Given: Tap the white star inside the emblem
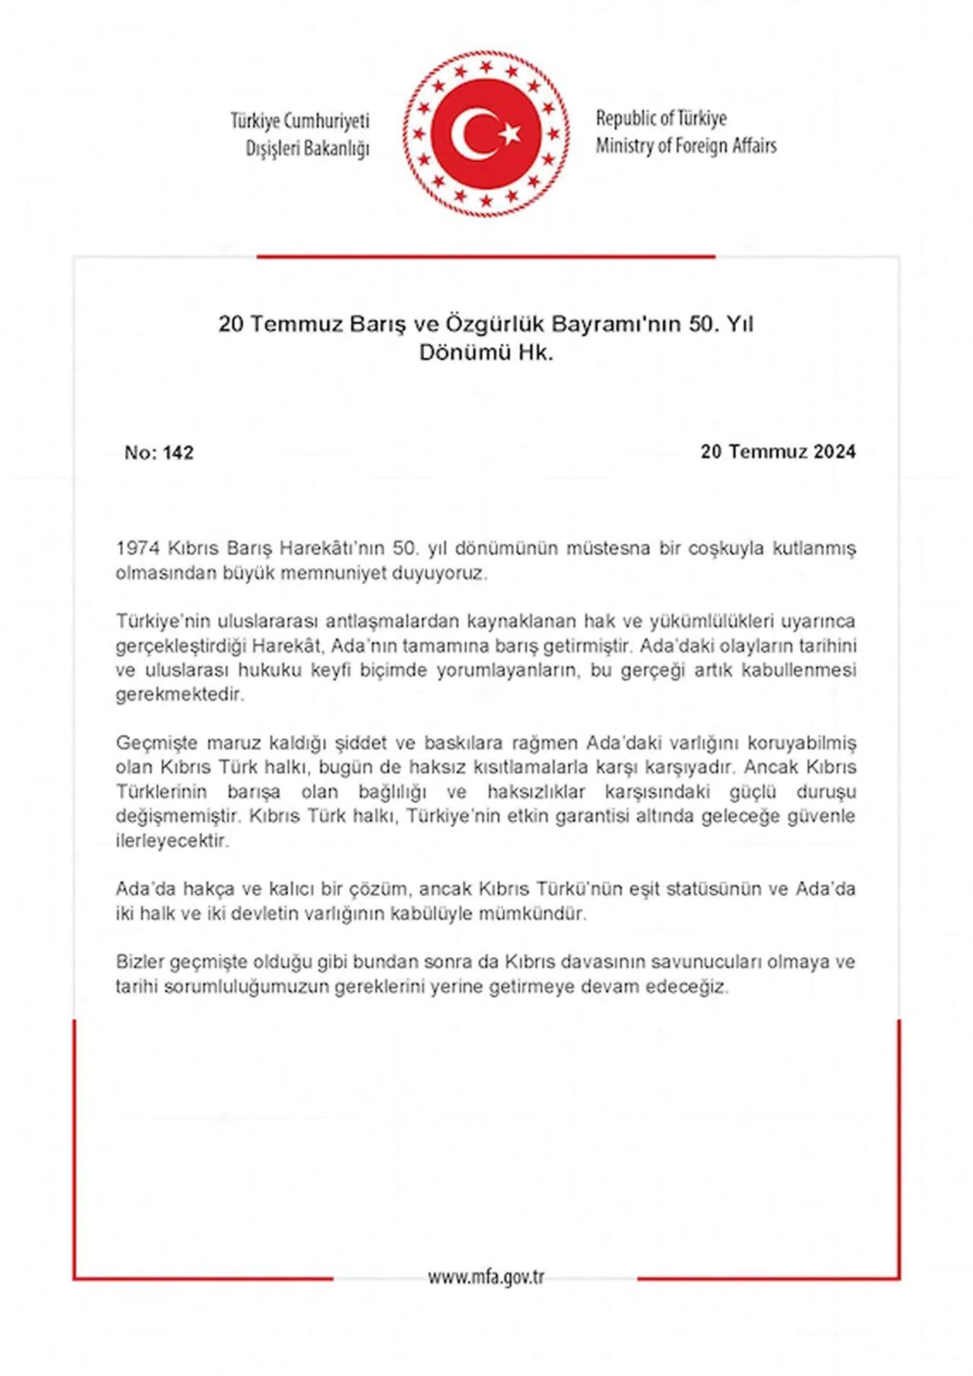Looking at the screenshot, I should (x=510, y=134).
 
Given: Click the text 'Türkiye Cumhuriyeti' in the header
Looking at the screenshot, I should (x=300, y=122).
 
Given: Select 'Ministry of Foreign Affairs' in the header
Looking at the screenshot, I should (x=686, y=146).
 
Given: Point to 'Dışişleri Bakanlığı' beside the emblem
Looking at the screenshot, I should (x=307, y=149).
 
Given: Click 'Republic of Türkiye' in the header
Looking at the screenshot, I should (x=661, y=119).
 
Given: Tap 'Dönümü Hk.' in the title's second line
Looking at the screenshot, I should (x=486, y=353).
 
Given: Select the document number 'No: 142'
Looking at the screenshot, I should (x=159, y=453).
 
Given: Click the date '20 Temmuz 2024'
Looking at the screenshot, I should (x=778, y=452).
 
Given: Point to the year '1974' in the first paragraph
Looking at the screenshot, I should (x=137, y=548).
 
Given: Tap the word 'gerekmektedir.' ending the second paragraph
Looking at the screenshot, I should (x=179, y=694).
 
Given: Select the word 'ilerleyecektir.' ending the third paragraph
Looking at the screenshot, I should (x=172, y=841).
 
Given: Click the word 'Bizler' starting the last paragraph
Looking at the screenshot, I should (x=140, y=962).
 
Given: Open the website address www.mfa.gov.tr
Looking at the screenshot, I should (x=486, y=1277).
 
